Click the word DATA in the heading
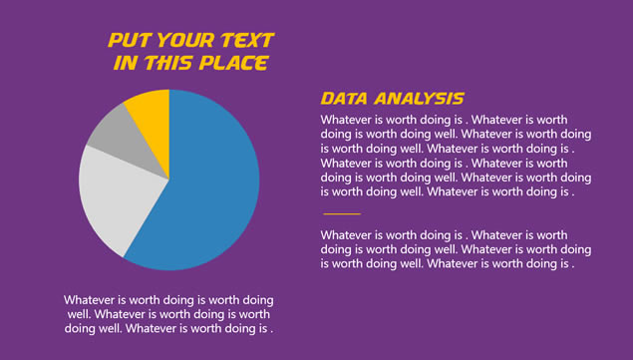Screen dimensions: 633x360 344,99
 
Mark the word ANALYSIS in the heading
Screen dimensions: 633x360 419,99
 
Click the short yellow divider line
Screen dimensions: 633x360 342,213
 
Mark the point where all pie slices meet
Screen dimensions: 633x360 169,180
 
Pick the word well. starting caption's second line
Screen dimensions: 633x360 79,314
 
